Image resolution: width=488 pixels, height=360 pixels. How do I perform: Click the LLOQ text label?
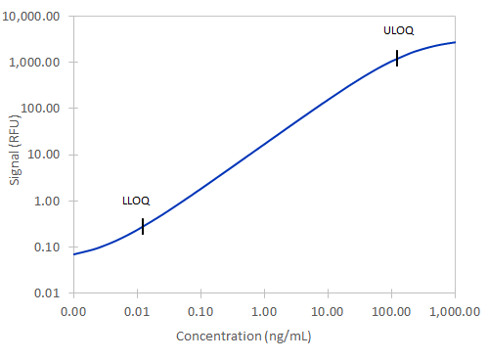coord(134,202)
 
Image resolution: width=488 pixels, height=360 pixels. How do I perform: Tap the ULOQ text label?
coord(398,31)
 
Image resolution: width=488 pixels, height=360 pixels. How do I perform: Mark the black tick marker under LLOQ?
coord(143,226)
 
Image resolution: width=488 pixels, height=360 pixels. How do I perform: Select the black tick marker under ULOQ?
coord(397,58)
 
